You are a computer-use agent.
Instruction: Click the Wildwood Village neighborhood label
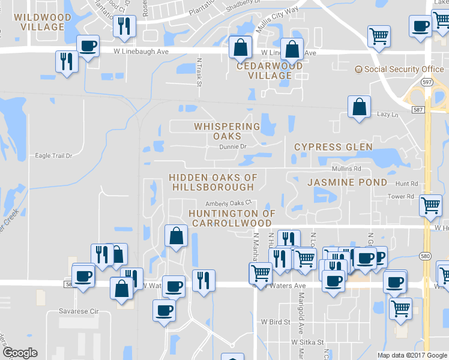(x=42, y=21)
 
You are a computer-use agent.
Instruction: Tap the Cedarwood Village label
(x=270, y=71)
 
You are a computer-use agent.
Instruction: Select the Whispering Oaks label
(x=227, y=131)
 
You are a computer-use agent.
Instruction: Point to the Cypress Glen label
(x=333, y=147)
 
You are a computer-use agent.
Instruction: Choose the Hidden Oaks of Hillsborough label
(x=213, y=182)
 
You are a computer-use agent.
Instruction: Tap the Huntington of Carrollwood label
(x=232, y=218)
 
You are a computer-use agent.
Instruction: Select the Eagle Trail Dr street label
(x=53, y=155)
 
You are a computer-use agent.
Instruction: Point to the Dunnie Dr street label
(x=233, y=146)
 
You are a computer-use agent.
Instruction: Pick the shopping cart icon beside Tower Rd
(x=430, y=206)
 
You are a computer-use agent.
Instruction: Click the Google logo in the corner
(x=20, y=353)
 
